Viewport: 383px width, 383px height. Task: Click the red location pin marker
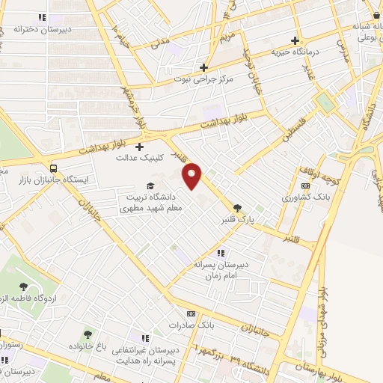193,176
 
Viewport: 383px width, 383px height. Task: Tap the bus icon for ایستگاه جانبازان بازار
53,168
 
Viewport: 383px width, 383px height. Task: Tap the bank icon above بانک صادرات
191,314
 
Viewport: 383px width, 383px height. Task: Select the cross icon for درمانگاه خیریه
295,40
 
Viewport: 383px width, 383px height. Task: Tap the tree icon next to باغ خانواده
88,334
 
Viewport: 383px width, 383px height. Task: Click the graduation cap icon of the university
150,186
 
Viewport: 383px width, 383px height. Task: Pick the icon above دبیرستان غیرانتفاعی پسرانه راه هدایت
146,338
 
